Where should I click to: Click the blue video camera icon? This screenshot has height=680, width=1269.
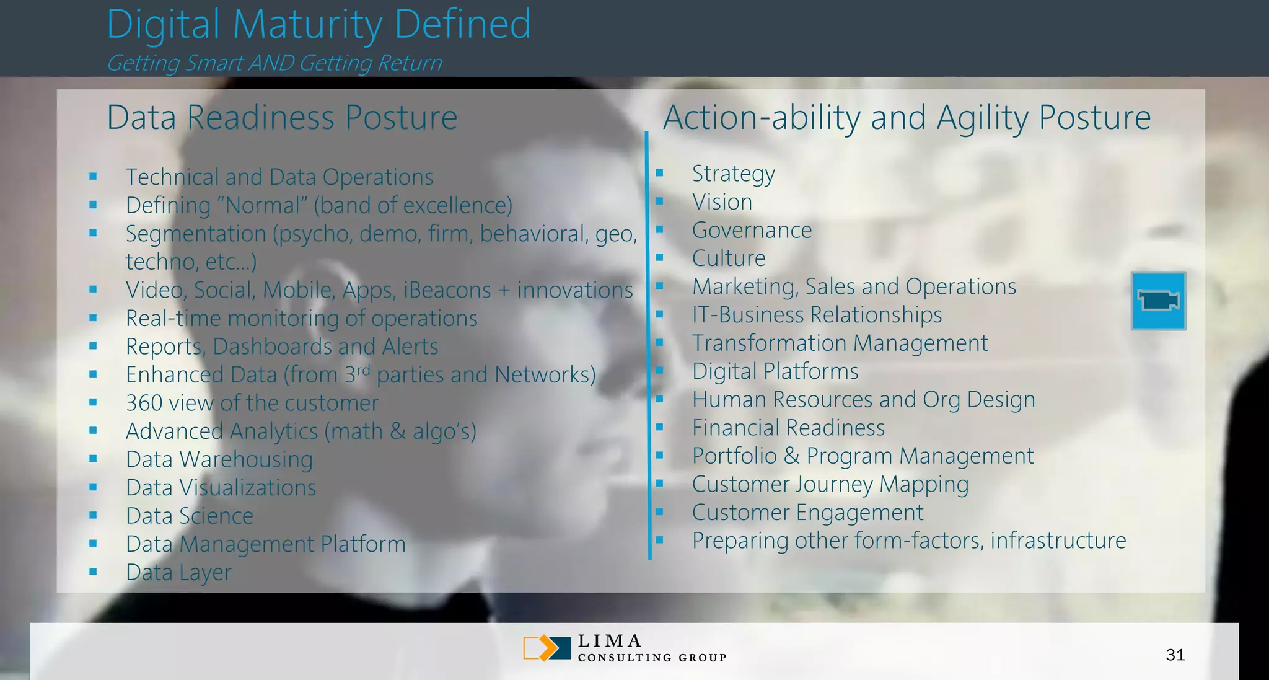coord(1158,301)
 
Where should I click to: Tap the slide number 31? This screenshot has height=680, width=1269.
coord(1175,655)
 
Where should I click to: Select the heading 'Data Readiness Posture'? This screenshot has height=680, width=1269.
coord(282,117)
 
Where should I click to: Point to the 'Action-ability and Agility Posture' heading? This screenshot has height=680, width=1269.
coord(907,117)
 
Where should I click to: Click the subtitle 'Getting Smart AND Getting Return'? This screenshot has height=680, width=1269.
coord(274,63)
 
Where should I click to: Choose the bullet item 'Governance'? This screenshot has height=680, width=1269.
coord(752,230)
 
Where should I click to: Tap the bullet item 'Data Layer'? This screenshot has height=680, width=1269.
coord(178,572)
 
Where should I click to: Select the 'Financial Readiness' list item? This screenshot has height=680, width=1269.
coord(788,428)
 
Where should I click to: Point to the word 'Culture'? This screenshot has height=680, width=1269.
coord(729,258)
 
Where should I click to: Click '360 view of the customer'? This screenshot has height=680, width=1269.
coord(252,403)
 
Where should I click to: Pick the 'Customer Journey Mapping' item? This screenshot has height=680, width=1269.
coord(830,484)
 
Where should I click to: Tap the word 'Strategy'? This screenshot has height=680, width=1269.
coord(733,174)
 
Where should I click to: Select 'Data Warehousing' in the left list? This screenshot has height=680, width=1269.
coord(219,459)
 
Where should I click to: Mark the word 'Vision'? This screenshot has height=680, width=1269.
coord(722,202)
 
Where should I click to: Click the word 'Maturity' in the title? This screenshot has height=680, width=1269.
coord(307,25)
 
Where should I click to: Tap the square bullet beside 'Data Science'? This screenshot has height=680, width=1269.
coord(93,515)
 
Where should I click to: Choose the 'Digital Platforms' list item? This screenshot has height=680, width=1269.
coord(775,371)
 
